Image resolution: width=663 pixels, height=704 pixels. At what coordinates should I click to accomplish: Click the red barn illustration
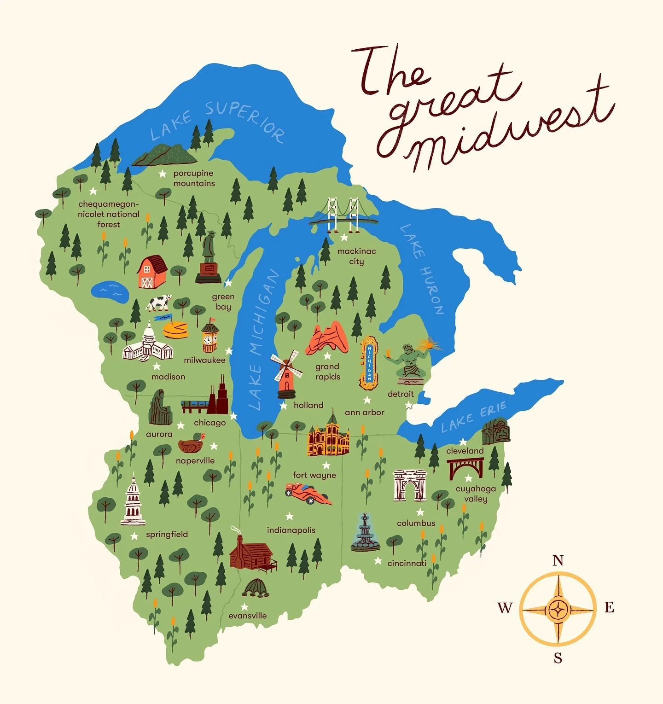tap(152, 272)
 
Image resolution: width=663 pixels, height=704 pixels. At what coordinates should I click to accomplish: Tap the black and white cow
tap(159, 303)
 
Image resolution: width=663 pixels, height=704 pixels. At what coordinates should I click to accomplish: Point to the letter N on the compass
tap(558, 560)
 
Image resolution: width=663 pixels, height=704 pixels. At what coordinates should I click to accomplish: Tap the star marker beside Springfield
tap(134, 536)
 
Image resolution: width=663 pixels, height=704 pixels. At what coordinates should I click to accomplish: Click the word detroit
tap(401, 394)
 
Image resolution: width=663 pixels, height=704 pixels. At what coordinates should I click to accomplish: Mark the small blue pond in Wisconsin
tap(110, 291)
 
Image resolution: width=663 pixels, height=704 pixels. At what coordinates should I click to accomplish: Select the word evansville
tap(248, 616)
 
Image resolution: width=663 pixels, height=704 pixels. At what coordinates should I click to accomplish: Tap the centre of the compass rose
tap(558, 610)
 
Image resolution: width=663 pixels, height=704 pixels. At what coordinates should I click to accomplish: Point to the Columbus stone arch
tap(409, 485)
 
